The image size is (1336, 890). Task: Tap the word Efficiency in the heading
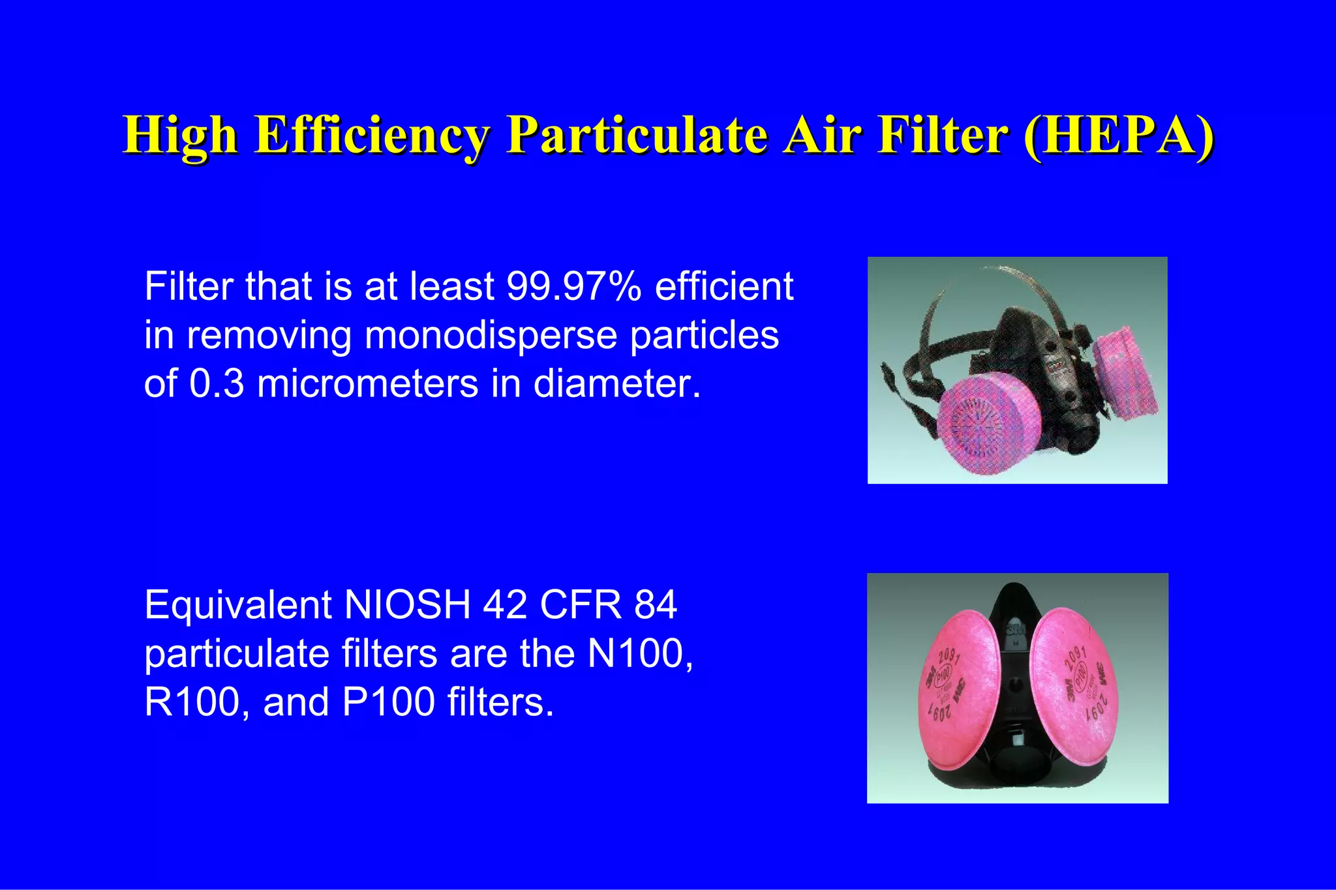pyautogui.click(x=371, y=135)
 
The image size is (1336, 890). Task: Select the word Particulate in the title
pyautogui.click(x=637, y=135)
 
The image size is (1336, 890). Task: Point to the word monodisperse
pyautogui.click(x=491, y=334)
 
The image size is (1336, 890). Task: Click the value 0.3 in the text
pyautogui.click(x=217, y=383)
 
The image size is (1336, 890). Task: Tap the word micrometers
pyautogui.click(x=367, y=383)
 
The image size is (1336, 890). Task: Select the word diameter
pyautogui.click(x=616, y=383)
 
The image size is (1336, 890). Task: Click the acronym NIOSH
pyautogui.click(x=407, y=604)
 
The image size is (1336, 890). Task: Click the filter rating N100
pyautogui.click(x=639, y=653)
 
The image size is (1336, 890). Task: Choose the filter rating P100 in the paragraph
pyautogui.click(x=388, y=702)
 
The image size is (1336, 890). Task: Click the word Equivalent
pyautogui.click(x=238, y=604)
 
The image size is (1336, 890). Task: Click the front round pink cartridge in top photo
pyautogui.click(x=985, y=424)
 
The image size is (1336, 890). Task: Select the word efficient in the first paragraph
pyautogui.click(x=723, y=286)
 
